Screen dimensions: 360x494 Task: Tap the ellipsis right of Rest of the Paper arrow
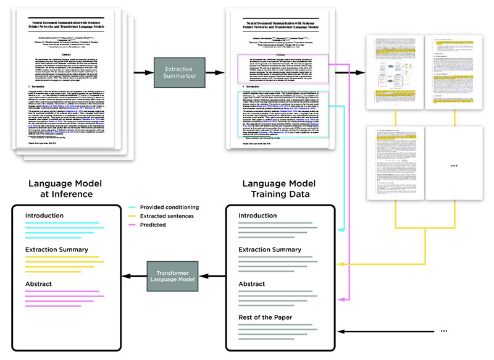443,332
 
